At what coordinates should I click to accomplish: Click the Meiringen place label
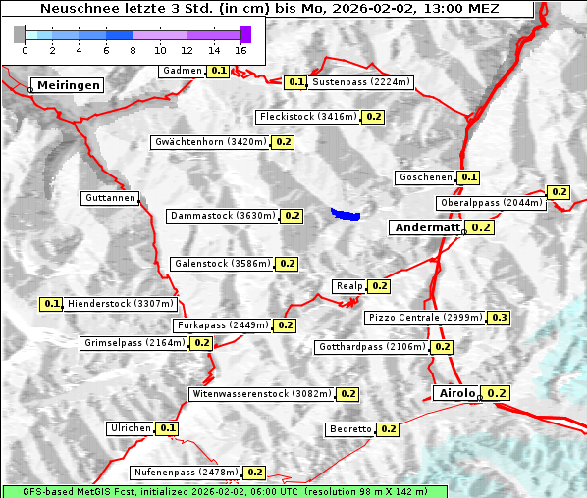click(68, 85)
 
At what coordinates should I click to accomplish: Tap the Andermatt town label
click(426, 227)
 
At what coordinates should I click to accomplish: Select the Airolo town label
click(455, 393)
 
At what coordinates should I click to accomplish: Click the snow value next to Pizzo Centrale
click(499, 318)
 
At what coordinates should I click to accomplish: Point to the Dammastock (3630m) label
click(222, 215)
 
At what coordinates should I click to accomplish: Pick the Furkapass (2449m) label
click(222, 324)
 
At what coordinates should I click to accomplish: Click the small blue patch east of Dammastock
click(346, 213)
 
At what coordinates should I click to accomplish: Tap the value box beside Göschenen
click(468, 177)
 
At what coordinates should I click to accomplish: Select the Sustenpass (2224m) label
click(361, 82)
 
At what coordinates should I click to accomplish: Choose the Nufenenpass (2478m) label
click(186, 473)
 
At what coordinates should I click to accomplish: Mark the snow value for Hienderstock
click(52, 304)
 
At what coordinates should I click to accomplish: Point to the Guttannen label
click(109, 198)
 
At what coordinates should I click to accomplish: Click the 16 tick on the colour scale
click(241, 49)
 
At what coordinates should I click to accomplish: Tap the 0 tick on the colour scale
click(25, 49)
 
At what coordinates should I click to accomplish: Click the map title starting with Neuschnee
click(269, 9)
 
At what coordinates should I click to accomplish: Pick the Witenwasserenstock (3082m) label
click(261, 394)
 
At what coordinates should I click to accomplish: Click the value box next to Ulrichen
click(168, 428)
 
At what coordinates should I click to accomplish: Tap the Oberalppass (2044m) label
click(491, 203)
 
